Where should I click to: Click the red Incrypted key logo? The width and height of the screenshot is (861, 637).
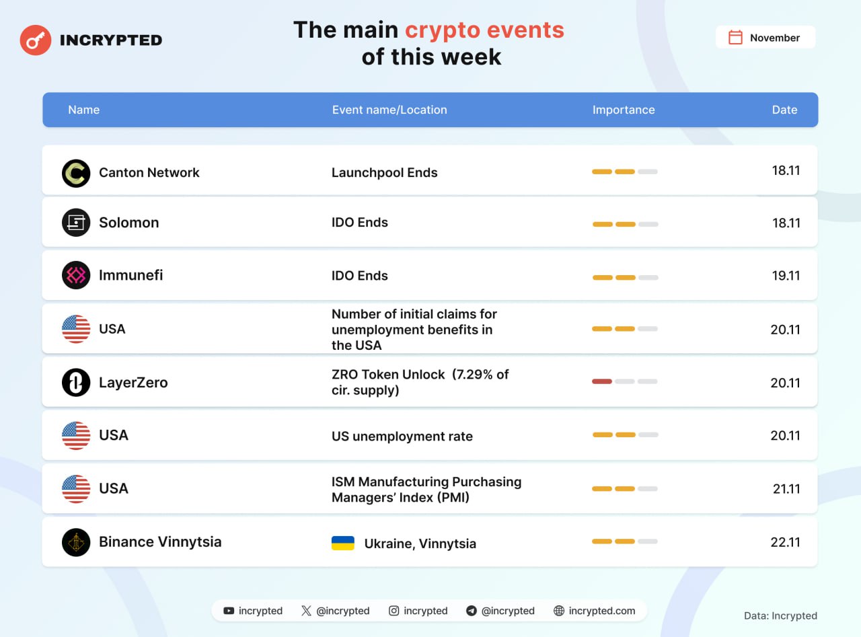[x=36, y=40]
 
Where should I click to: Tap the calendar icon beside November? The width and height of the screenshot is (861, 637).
[x=735, y=38]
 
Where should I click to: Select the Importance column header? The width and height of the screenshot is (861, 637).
[x=624, y=110]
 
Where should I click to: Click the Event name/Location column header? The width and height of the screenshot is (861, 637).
[x=389, y=110]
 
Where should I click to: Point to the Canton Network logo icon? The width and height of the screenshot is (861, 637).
[x=76, y=173]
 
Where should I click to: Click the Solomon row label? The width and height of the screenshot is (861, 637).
[x=129, y=223]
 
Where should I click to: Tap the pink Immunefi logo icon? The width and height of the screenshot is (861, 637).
[x=76, y=275]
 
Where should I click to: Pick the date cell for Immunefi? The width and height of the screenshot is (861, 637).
[x=786, y=276]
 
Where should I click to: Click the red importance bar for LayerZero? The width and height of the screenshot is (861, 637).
[x=601, y=381]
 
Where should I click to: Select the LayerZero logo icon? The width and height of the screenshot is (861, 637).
[x=76, y=382]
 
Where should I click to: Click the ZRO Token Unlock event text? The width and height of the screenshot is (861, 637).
[x=420, y=382]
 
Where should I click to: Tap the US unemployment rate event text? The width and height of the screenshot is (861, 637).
[x=402, y=437]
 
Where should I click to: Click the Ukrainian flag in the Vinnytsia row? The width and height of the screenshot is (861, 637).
[x=343, y=543]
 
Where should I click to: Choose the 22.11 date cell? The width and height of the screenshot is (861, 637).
[x=785, y=542]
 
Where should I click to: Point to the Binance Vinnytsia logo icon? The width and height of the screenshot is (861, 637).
[x=76, y=542]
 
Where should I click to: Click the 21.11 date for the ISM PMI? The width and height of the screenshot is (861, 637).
[x=786, y=489]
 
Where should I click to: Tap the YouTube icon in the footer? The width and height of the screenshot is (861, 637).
[x=229, y=611]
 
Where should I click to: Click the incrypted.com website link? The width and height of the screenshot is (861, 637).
[x=601, y=611]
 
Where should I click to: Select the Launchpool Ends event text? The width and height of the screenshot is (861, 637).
[x=384, y=172]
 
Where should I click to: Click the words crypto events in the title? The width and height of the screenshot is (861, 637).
[x=484, y=30]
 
